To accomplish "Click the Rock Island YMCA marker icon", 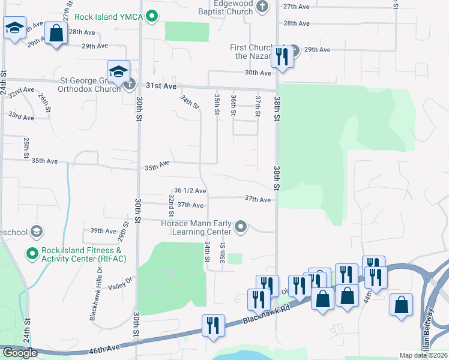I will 152,16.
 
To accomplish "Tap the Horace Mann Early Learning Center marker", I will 241,226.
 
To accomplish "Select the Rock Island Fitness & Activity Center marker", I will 32,254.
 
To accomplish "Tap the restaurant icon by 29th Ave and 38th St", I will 280,56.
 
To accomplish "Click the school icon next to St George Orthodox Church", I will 119,71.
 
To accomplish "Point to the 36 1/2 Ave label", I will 190,191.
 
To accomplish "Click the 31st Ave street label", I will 161,86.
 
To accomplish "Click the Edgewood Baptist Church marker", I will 261,7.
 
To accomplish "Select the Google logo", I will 20,353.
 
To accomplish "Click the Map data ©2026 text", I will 424,355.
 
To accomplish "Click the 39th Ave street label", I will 103,230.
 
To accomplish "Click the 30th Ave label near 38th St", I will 258,73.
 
